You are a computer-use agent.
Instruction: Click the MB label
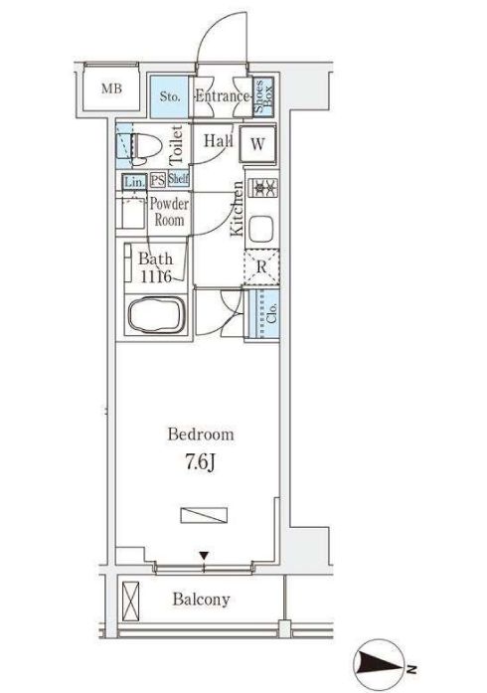(111, 88)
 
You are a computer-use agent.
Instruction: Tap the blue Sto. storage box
(169, 96)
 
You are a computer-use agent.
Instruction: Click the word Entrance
(223, 95)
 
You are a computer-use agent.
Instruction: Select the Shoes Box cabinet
(263, 96)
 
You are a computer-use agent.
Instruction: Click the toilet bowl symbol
(144, 146)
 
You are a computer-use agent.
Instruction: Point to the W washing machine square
(257, 143)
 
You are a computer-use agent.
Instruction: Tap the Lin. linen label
(134, 181)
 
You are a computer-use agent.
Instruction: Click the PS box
(158, 179)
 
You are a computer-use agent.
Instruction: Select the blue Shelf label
(178, 179)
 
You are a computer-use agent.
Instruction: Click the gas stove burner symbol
(262, 188)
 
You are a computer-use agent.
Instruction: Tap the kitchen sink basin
(261, 228)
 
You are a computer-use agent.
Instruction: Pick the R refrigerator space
(261, 266)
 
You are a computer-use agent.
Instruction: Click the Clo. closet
(263, 313)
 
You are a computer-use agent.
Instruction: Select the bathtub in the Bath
(156, 314)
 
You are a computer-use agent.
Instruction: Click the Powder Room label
(169, 212)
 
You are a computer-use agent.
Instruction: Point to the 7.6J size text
(200, 462)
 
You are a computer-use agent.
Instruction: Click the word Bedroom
(201, 434)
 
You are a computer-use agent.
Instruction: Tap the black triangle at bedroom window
(204, 555)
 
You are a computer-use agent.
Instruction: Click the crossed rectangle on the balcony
(130, 602)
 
